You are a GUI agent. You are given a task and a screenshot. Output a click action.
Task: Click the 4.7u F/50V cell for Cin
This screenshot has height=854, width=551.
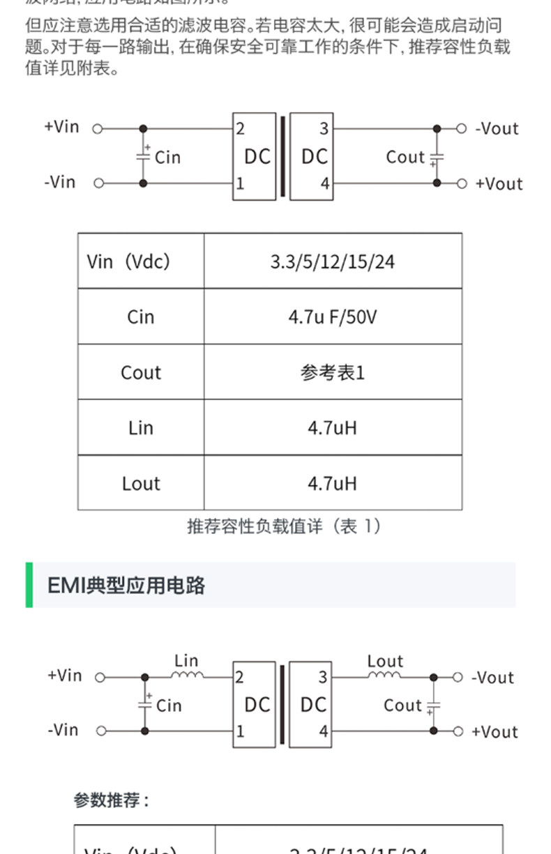click(x=332, y=317)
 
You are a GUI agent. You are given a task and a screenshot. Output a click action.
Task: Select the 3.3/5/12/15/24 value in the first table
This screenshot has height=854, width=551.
click(x=332, y=261)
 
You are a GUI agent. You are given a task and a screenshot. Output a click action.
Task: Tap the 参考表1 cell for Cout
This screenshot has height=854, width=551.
click(x=332, y=373)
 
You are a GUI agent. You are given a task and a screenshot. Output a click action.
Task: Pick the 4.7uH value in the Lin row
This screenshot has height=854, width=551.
click(x=332, y=428)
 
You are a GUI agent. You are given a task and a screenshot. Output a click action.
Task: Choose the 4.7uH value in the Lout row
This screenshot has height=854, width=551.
click(x=332, y=483)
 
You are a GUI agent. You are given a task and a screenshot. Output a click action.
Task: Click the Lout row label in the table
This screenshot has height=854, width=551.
click(x=141, y=483)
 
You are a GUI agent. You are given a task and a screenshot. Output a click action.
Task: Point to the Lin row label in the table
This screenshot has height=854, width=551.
click(x=141, y=428)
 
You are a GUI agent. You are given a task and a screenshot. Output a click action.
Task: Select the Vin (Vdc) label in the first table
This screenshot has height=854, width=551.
click(x=128, y=261)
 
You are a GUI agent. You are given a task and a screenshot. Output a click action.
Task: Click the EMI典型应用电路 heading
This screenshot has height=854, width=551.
click(x=126, y=586)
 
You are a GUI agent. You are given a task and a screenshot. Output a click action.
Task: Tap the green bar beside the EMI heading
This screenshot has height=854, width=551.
click(x=29, y=585)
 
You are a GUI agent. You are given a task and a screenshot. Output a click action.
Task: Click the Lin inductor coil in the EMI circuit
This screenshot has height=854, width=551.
click(x=188, y=674)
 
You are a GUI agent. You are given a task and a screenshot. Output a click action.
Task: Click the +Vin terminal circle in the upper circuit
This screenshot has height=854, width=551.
click(x=98, y=129)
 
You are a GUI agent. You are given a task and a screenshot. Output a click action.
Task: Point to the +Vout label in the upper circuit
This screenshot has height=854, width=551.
click(x=499, y=184)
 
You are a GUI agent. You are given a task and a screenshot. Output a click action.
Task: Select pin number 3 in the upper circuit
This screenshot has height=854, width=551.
click(x=324, y=129)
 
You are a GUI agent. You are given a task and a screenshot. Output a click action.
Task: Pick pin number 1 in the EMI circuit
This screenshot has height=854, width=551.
click(x=241, y=731)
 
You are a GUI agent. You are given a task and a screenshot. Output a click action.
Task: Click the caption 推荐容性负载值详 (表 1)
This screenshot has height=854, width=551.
click(x=285, y=526)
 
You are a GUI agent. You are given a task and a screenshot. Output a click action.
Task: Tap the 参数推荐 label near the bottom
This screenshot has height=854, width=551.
click(x=112, y=800)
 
